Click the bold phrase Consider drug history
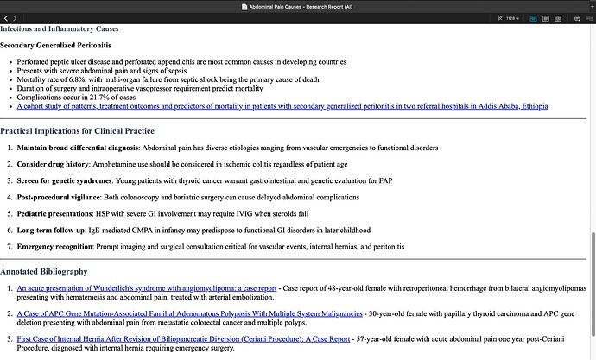pyautogui.click(x=54, y=162)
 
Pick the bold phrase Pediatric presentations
pyautogui.click(x=57, y=213)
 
